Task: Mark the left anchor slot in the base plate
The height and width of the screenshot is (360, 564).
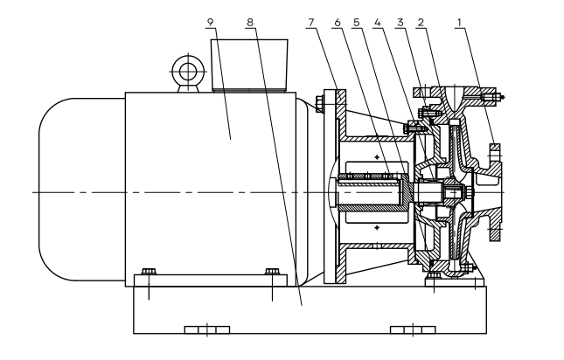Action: (x=207, y=330)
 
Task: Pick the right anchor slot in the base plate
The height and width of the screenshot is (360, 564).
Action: (x=412, y=330)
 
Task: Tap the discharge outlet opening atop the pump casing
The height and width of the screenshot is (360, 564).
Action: (x=452, y=91)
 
